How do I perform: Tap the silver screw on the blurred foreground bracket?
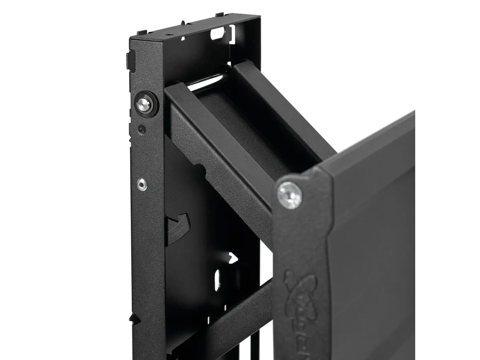[289, 195]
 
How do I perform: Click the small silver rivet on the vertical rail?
[142, 184]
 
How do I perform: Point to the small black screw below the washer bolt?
[141, 129]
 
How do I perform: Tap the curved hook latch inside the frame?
[178, 227]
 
